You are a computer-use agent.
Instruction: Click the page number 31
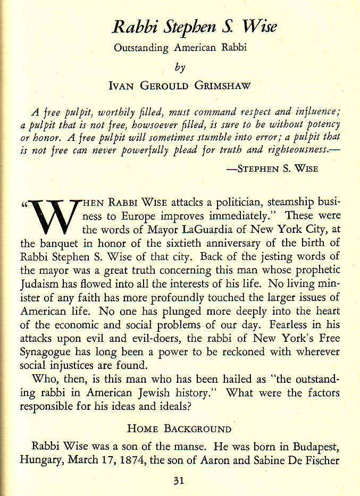pyautogui.click(x=178, y=481)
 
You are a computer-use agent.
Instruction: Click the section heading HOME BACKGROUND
pyautogui.click(x=180, y=428)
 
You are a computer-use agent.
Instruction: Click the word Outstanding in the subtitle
pyautogui.click(x=141, y=48)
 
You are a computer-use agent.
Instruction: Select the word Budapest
pyautogui.click(x=316, y=445)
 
